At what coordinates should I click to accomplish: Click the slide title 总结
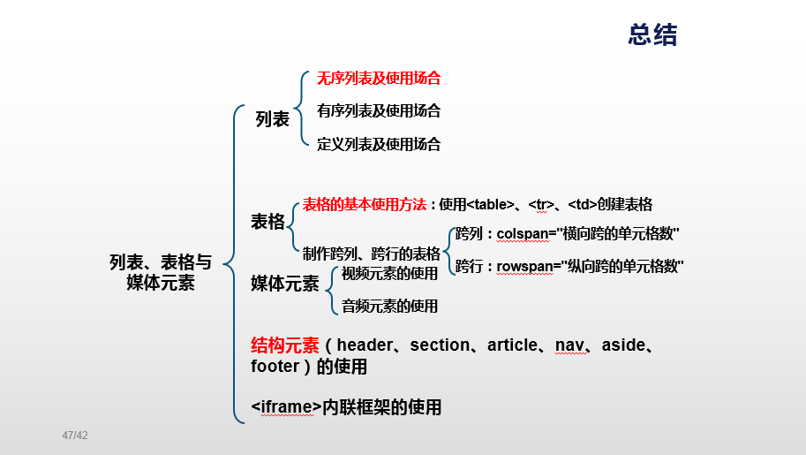(652, 34)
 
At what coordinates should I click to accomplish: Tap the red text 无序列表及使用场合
(379, 78)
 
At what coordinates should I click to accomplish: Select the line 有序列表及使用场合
(379, 110)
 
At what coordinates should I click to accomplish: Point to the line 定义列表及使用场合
(379, 144)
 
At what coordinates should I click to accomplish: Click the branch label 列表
(272, 119)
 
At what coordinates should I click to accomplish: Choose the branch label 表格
(267, 221)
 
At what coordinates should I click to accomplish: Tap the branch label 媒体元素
(284, 284)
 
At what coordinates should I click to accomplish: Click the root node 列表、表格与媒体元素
(161, 272)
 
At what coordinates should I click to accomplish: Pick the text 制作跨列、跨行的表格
(371, 254)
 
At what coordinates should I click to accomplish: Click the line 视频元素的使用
(389, 273)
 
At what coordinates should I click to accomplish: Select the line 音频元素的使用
(389, 306)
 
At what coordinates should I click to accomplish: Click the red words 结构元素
(284, 345)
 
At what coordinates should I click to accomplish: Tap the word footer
(275, 366)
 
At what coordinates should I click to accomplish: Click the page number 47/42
(75, 436)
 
